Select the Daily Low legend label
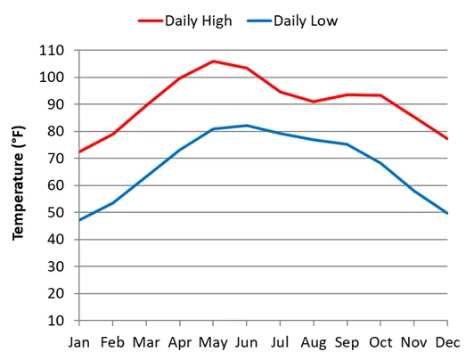306,20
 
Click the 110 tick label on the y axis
58,51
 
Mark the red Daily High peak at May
213,61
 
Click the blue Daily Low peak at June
247,126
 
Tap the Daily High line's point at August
313,102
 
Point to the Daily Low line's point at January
80,220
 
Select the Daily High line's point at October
380,95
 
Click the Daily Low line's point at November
413,191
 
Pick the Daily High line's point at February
113,134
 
